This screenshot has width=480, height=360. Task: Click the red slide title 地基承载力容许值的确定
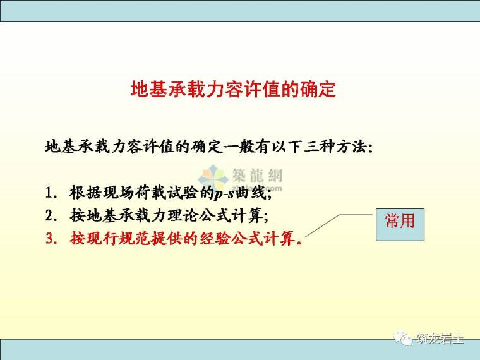click(233, 89)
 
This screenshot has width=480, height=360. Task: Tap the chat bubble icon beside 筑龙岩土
click(404, 339)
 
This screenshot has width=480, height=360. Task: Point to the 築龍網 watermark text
click(259, 177)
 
